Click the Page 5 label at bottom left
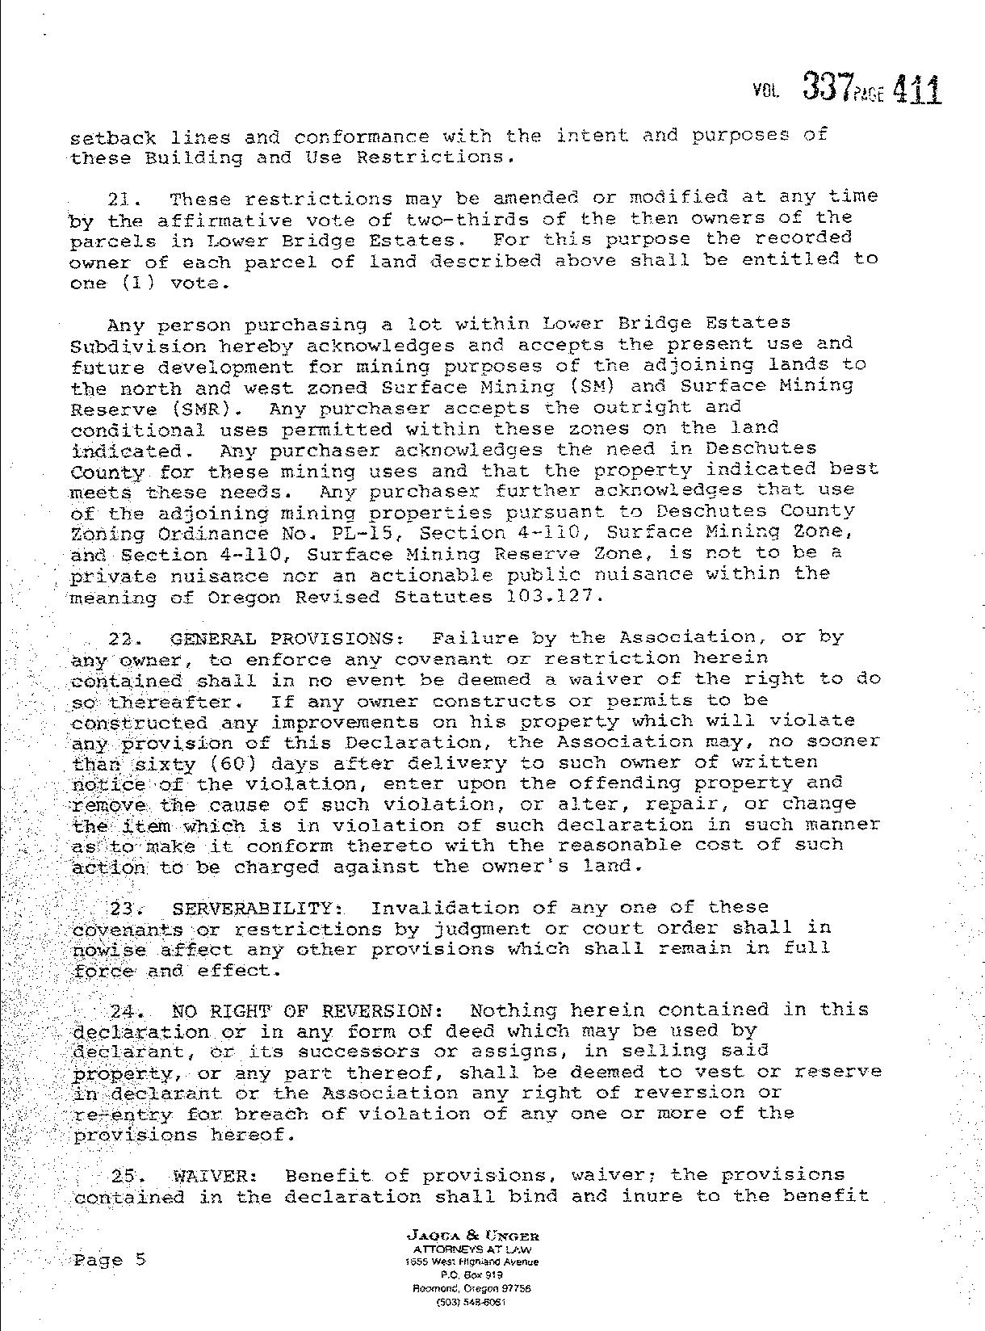110,1259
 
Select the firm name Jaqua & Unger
475,1236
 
